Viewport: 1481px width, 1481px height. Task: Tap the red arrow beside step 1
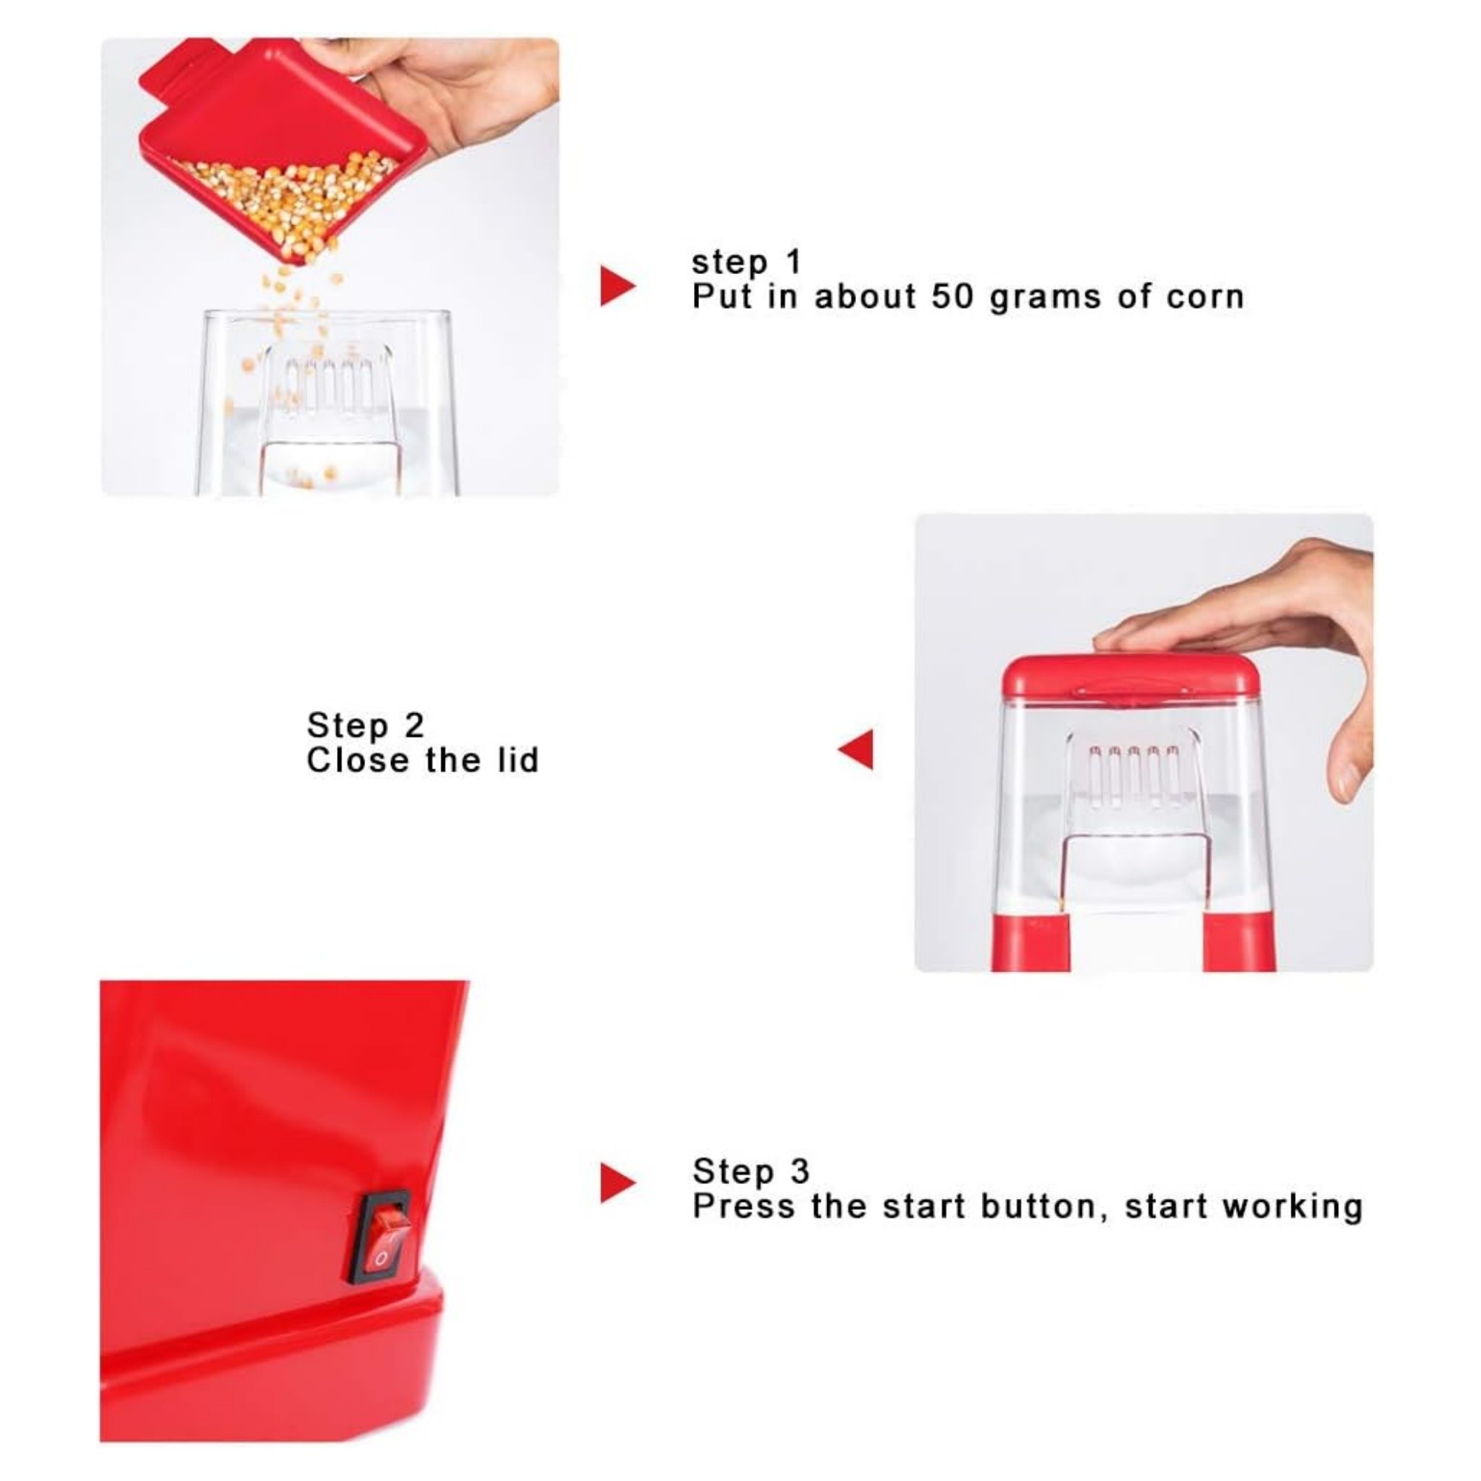pyautogui.click(x=618, y=287)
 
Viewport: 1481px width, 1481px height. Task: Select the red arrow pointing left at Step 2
pyautogui.click(x=855, y=749)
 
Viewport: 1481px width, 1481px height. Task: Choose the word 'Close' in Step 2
pyautogui.click(x=357, y=760)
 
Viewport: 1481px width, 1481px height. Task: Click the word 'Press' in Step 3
pyautogui.click(x=745, y=1206)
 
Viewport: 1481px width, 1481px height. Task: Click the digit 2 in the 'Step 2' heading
pyautogui.click(x=413, y=724)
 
